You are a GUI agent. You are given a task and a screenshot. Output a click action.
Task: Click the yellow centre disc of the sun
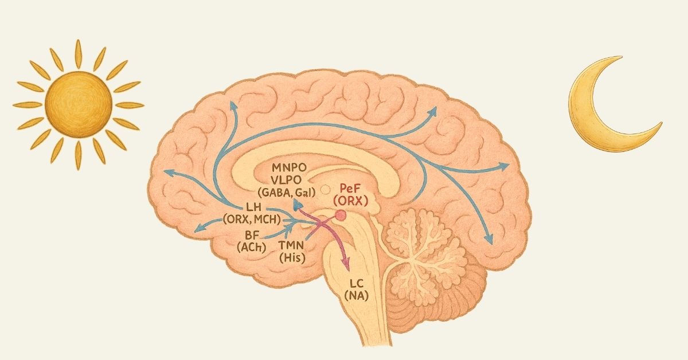[x=78, y=104]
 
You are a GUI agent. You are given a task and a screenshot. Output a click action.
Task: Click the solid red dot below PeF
[x=341, y=216]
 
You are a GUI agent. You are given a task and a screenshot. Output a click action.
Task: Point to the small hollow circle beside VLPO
[x=326, y=189]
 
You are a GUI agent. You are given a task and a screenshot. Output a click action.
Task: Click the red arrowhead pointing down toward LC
[x=346, y=264]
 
